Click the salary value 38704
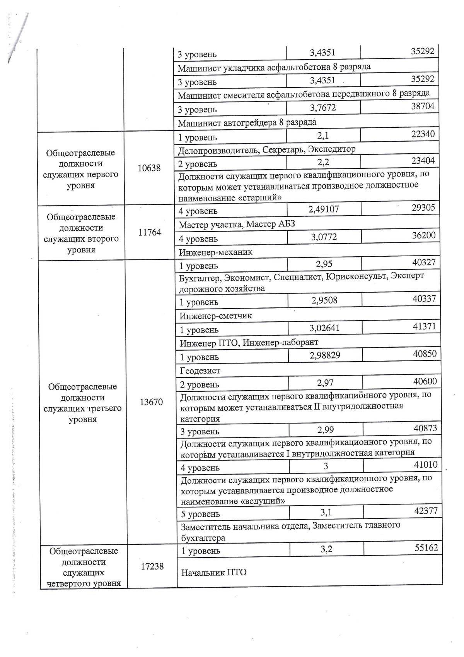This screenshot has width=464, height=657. [x=423, y=106]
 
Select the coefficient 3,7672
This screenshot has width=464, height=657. [x=323, y=108]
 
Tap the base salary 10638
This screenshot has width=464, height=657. [x=149, y=168]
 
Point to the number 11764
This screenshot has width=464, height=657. [x=150, y=232]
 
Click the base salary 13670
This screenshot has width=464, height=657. [x=151, y=402]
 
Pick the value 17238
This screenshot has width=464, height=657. [x=152, y=566]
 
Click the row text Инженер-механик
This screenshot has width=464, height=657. [x=215, y=252]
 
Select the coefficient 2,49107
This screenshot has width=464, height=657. [x=324, y=209]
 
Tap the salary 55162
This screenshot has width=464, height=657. [x=426, y=547]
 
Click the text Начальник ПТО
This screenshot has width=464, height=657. [x=214, y=572]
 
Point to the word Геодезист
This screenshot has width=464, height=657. [x=200, y=371]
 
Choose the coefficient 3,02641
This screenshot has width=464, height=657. [x=325, y=328]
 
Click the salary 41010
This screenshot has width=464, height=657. [x=426, y=465]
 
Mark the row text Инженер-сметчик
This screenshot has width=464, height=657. [x=215, y=316]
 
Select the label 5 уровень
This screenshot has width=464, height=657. [x=200, y=514]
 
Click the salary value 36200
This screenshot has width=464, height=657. [x=424, y=235]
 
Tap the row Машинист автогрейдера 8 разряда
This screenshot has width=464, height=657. [x=247, y=123]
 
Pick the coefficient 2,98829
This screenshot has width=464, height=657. [x=325, y=355]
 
